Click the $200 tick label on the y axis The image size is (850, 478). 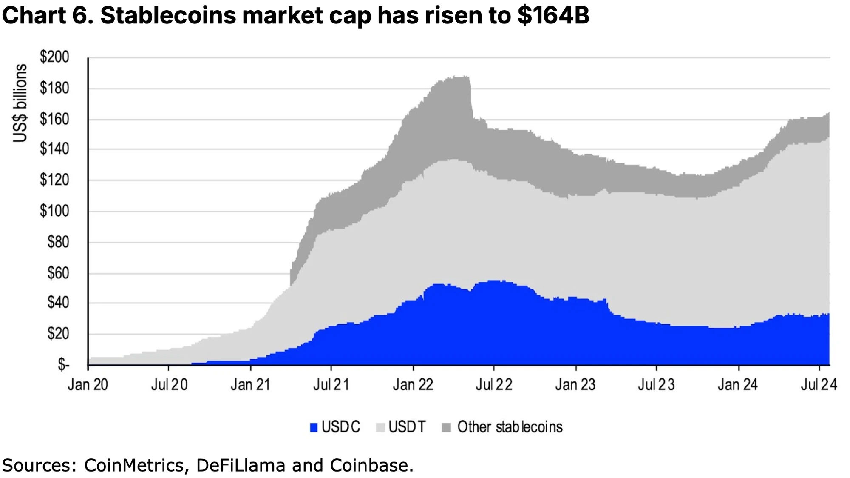[x=54, y=57]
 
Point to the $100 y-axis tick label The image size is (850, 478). [x=54, y=211]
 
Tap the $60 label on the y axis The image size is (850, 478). [x=58, y=273]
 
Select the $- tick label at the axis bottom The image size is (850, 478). [x=63, y=365]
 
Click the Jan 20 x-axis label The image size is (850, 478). [x=88, y=385]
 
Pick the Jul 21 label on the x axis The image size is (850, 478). [x=331, y=385]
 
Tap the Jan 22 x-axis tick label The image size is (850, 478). [x=413, y=385]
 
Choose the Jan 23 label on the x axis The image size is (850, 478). [x=575, y=385]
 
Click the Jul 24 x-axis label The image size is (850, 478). [x=819, y=385]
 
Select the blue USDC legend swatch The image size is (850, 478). [x=314, y=427]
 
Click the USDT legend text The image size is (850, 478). [x=407, y=427]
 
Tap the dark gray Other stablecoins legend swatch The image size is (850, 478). [x=446, y=427]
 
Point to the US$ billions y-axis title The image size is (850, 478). [x=20, y=103]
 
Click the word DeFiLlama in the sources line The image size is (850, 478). [x=241, y=465]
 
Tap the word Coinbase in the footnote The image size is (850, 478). [x=371, y=465]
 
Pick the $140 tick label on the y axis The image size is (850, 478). [x=54, y=149]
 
